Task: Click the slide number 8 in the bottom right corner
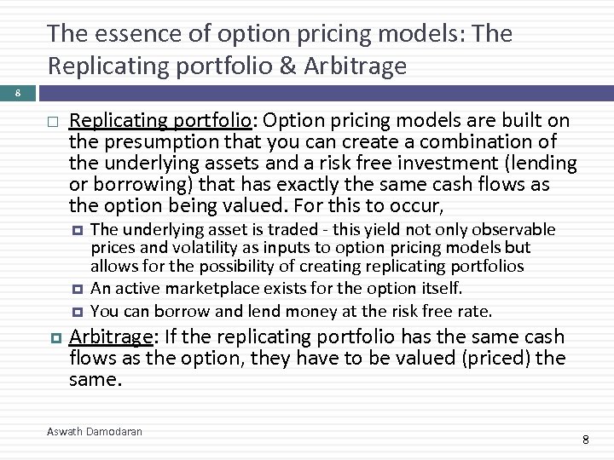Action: [x=586, y=440]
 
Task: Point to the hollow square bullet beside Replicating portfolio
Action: [x=53, y=122]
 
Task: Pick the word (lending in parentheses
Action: [x=542, y=163]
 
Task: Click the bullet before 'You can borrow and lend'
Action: [x=76, y=311]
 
